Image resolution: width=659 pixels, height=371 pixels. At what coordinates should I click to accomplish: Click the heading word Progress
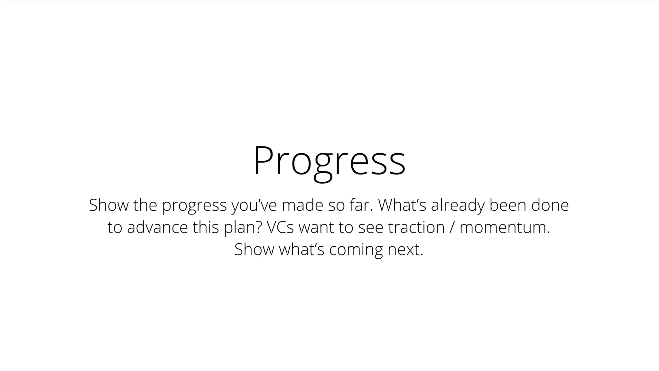tap(329, 161)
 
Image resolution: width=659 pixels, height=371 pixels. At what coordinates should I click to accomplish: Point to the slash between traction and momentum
tap(452, 227)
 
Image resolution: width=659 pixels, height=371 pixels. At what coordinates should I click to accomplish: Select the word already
tap(458, 205)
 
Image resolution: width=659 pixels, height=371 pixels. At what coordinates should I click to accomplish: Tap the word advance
tap(157, 227)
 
